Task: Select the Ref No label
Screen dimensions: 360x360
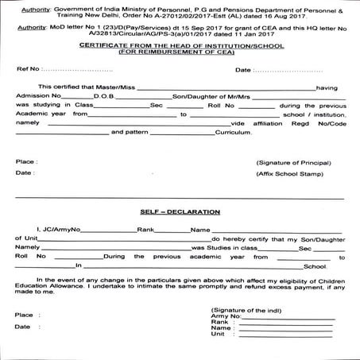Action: click(27, 69)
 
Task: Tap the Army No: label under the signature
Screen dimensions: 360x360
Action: click(225, 315)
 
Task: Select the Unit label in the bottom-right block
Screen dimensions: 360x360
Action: click(217, 335)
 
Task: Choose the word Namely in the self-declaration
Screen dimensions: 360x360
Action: click(28, 248)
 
